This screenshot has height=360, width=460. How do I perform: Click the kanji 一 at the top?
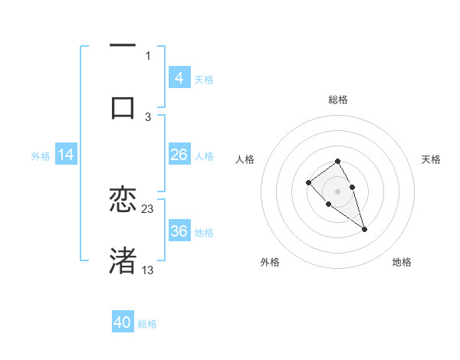pyautogui.click(x=123, y=46)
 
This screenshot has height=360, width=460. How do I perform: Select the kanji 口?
pyautogui.click(x=123, y=106)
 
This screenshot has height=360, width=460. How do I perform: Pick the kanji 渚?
pyautogui.click(x=123, y=260)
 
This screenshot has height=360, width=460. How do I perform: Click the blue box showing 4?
pyautogui.click(x=179, y=77)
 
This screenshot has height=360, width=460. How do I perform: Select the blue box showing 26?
pyautogui.click(x=179, y=154)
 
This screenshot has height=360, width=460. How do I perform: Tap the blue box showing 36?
pyautogui.click(x=179, y=231)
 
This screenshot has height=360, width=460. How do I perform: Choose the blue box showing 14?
pyautogui.click(x=66, y=154)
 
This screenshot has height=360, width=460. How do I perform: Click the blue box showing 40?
pyautogui.click(x=123, y=322)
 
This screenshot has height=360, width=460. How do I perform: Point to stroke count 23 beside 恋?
pyautogui.click(x=148, y=208)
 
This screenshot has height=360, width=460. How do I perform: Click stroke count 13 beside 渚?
pyautogui.click(x=148, y=270)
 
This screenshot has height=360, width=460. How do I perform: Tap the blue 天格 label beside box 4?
pyautogui.click(x=204, y=79)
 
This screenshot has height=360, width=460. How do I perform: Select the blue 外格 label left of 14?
pyautogui.click(x=41, y=155)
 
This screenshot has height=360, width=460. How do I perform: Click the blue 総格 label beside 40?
pyautogui.click(x=147, y=324)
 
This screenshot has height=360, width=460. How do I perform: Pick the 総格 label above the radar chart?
pyautogui.click(x=338, y=100)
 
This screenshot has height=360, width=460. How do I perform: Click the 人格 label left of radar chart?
pyautogui.click(x=245, y=159)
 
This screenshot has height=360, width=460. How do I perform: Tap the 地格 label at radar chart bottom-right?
pyautogui.click(x=402, y=262)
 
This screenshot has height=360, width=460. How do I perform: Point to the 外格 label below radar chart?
pyautogui.click(x=270, y=262)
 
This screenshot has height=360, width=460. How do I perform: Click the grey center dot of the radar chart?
pyautogui.click(x=337, y=191)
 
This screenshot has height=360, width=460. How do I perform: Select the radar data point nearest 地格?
pyautogui.click(x=364, y=229)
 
